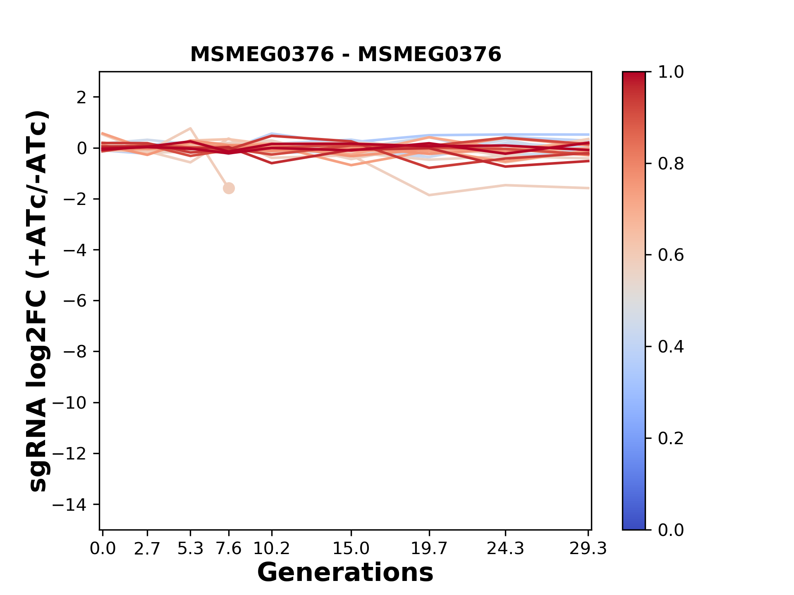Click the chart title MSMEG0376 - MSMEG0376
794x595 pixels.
(x=345, y=55)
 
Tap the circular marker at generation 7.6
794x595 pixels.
(x=229, y=188)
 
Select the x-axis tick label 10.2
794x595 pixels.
(x=271, y=549)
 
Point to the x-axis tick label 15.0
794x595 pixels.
(x=351, y=549)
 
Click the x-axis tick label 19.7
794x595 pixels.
(x=429, y=549)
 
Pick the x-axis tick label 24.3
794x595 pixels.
(x=505, y=549)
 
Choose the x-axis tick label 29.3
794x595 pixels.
(x=588, y=549)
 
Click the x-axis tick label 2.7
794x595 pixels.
(x=147, y=549)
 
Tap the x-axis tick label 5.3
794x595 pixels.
(x=190, y=549)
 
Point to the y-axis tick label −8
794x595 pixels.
(x=74, y=352)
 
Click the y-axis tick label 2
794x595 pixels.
(x=81, y=97)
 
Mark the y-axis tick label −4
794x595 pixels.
(x=74, y=250)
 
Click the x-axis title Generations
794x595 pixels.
(x=345, y=573)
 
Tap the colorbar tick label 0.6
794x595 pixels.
(x=671, y=255)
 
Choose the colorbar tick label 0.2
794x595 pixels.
(x=671, y=438)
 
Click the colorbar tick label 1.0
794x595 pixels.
(x=671, y=72)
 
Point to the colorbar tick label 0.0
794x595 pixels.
(x=671, y=530)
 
